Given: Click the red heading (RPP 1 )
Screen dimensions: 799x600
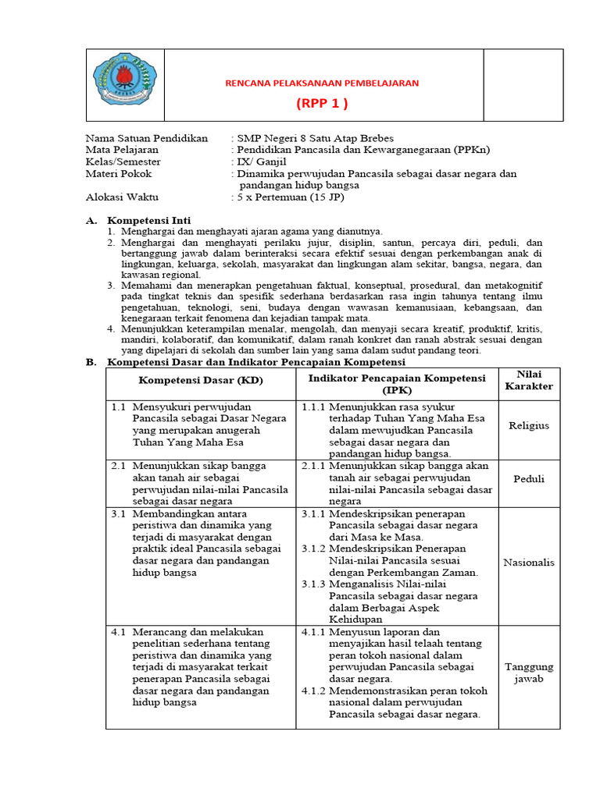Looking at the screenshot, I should [x=322, y=104].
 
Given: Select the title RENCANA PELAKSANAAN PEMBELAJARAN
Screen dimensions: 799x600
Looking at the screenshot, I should [x=322, y=83].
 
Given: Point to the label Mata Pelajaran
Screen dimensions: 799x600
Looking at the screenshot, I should [x=122, y=150].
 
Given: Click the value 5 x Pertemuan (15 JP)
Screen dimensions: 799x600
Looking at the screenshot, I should [x=290, y=197].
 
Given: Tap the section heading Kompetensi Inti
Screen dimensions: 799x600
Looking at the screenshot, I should [x=148, y=221].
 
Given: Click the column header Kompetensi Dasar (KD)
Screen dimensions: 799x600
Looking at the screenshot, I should [x=201, y=380].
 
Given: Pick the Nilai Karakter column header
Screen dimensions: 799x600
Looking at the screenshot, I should [x=529, y=380].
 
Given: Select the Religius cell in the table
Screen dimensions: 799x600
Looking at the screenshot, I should [x=529, y=426].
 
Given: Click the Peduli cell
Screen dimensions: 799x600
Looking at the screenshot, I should [x=529, y=479].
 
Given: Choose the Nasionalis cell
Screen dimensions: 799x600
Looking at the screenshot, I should [x=529, y=562].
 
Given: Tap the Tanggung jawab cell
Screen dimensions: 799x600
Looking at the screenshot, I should [x=529, y=673].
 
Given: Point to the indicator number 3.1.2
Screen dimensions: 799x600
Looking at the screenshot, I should [x=313, y=549].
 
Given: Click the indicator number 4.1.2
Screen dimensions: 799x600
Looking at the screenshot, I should [x=313, y=691].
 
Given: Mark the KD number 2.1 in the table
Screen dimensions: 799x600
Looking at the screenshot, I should [x=118, y=466].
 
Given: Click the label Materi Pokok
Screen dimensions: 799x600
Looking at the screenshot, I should [x=118, y=173].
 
